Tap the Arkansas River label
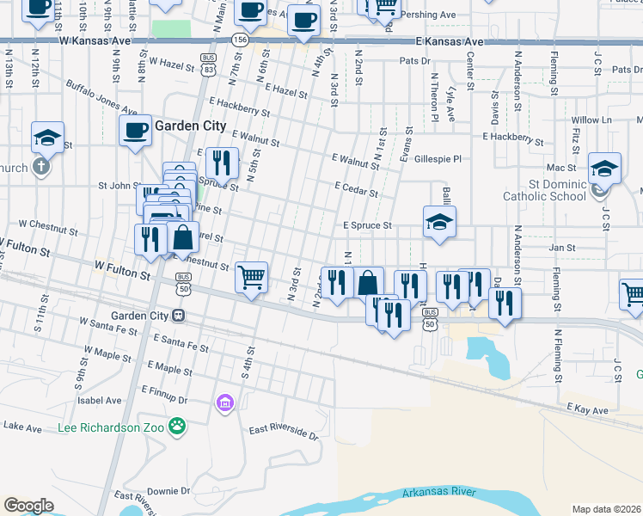tap(438, 492)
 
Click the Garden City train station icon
tap(179, 315)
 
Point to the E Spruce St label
tap(367, 226)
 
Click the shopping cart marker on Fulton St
tap(251, 278)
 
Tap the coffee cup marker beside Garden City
tap(135, 131)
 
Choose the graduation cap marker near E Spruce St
tap(439, 222)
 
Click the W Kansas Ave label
tap(95, 40)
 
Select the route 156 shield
tap(240, 40)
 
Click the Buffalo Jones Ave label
tap(101, 98)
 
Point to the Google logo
tap(28, 505)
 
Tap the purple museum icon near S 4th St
tap(225, 402)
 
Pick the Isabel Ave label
tap(100, 400)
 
